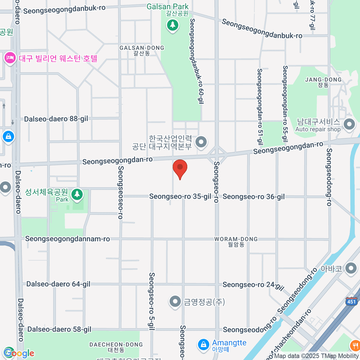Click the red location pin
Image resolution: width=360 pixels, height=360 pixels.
click(180, 168)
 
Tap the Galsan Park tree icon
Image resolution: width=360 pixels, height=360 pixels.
click(172, 25)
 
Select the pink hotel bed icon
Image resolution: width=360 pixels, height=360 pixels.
click(10, 58)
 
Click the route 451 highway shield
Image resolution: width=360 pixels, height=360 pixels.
click(351, 301)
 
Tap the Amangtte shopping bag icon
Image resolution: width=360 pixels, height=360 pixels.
click(204, 345)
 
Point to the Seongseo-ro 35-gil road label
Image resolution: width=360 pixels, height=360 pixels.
click(180, 196)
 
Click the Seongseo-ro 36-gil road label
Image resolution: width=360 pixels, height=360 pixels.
click(254, 197)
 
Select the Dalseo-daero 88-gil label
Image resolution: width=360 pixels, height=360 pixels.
click(56, 119)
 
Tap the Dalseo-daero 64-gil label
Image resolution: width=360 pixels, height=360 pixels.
click(58, 284)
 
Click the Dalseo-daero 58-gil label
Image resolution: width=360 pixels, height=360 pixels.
click(59, 329)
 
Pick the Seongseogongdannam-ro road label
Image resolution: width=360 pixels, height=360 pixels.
click(67, 239)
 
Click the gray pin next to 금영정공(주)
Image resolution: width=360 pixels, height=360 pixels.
click(175, 302)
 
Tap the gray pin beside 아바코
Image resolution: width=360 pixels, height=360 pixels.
click(351, 269)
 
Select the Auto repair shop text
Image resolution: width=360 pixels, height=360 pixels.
click(318, 129)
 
